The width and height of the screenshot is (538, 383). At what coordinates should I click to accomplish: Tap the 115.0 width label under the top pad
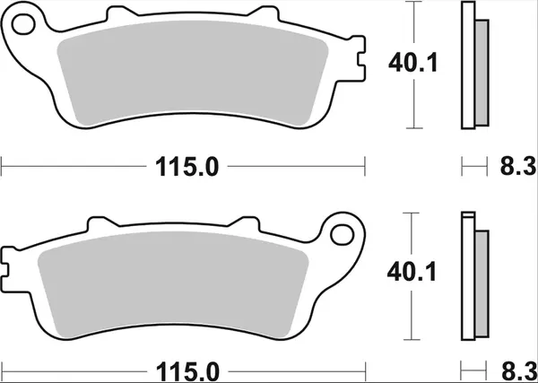pyautogui.click(x=184, y=167)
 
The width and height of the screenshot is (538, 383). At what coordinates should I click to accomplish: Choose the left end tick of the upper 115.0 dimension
pyautogui.click(x=3, y=167)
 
